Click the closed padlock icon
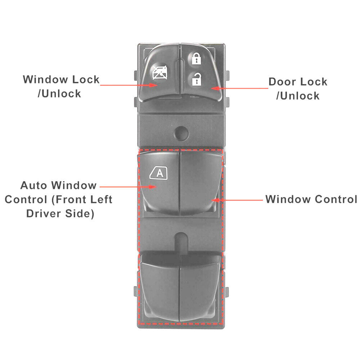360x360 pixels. pyautogui.click(x=196, y=58)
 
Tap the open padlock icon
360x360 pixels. pyautogui.click(x=197, y=79)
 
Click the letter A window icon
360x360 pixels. pyautogui.click(x=158, y=173)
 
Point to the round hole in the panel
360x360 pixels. pyautogui.click(x=181, y=133)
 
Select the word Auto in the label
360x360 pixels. pyautogui.click(x=33, y=185)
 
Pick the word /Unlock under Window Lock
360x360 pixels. pyautogui.click(x=59, y=94)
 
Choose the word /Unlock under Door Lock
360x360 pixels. pyautogui.click(x=298, y=96)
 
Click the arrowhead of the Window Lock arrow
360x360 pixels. pyautogui.click(x=153, y=85)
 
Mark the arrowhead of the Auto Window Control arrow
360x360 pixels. pyautogui.click(x=152, y=187)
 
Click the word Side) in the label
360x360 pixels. pyautogui.click(x=80, y=213)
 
